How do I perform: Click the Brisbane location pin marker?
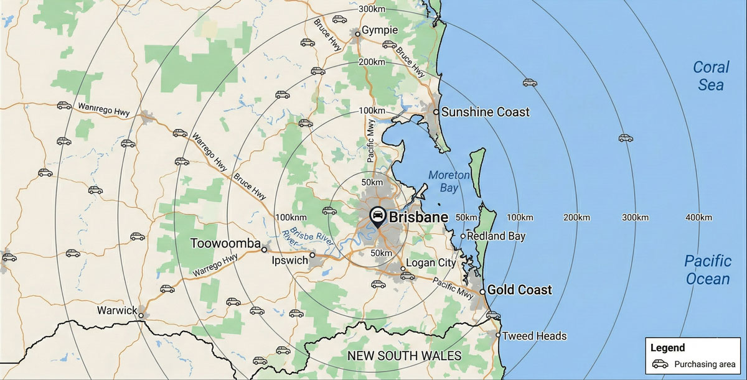click(x=377, y=216)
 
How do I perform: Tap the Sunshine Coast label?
click(x=486, y=112)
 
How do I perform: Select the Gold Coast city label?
click(x=519, y=290)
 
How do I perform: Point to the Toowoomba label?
click(x=225, y=243)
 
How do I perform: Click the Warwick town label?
click(x=117, y=310)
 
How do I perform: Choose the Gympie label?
click(x=380, y=31)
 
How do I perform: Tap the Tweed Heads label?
click(x=534, y=336)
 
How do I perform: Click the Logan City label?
click(x=431, y=263)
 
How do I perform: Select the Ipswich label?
click(x=290, y=261)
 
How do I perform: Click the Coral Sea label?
click(x=711, y=75)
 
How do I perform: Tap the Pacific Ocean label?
click(x=708, y=269)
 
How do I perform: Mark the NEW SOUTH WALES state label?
click(x=404, y=356)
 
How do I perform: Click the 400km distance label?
click(x=698, y=217)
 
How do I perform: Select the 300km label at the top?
click(x=372, y=9)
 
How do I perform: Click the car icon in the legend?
click(x=660, y=364)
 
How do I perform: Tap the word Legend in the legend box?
click(x=667, y=348)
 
